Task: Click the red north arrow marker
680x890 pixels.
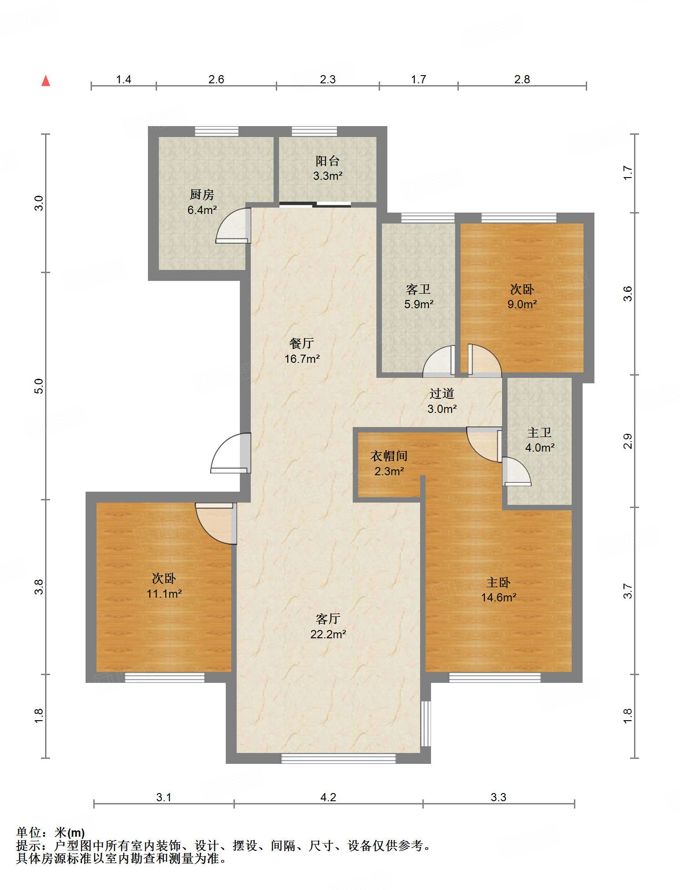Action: coord(46,81)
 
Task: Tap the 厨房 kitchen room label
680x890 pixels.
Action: coord(202,195)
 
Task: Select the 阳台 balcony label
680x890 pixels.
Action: coord(328,161)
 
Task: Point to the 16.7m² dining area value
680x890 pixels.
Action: coord(302,359)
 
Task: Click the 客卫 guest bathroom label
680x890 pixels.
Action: coord(418,289)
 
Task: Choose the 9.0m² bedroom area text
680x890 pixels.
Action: coord(522,305)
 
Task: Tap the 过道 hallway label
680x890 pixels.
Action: coord(442,393)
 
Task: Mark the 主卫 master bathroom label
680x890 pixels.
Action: coord(539,432)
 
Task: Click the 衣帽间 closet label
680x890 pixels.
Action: coord(389,456)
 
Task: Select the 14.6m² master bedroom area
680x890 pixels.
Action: coord(499,598)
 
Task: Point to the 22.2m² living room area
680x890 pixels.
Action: coord(328,634)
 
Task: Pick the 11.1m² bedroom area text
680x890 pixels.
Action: coord(164,594)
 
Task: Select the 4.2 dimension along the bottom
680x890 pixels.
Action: coord(328,797)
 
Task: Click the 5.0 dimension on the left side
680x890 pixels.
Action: coord(39,386)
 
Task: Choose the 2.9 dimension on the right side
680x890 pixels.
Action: coord(628,441)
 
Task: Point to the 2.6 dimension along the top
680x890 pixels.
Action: coord(216,79)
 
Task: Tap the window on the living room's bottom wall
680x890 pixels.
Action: coord(338,758)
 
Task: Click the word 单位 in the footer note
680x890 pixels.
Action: coord(29,833)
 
